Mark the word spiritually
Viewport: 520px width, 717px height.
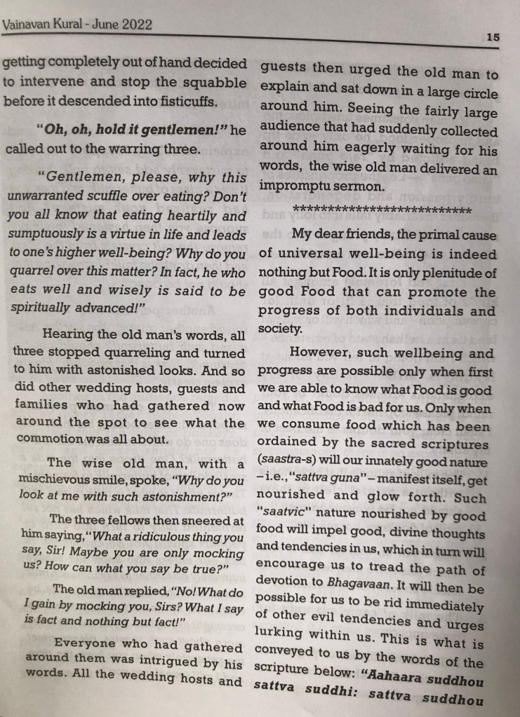pyautogui.click(x=41, y=308)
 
